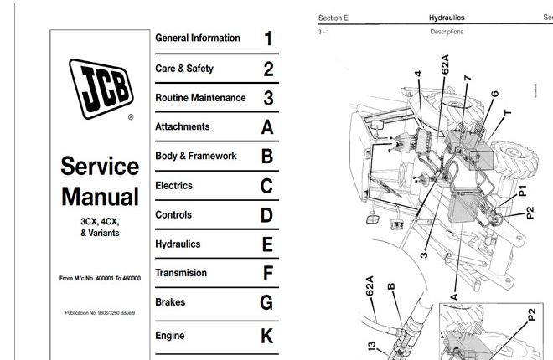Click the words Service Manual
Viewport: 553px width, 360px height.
[x=100, y=182]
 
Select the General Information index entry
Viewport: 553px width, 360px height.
[x=198, y=38]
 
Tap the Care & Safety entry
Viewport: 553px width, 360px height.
[x=184, y=69]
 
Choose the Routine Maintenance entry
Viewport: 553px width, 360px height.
[x=200, y=98]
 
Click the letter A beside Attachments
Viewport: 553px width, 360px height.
[x=267, y=127]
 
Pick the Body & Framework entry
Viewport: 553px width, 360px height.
[x=196, y=156]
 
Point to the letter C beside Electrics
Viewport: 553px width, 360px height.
[x=267, y=186]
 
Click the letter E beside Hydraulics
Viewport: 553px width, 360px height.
[x=267, y=244]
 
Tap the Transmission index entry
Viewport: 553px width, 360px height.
[x=181, y=273]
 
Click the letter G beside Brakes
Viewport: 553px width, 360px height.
[x=267, y=302]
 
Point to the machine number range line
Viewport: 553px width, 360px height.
[x=100, y=277]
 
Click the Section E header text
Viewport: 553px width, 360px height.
[x=333, y=17]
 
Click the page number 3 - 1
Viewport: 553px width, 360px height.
[x=325, y=32]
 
